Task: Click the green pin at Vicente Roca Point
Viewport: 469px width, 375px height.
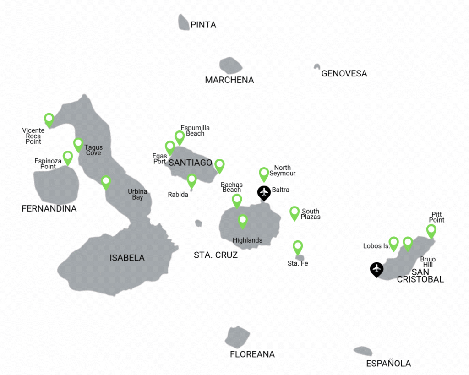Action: click(49, 119)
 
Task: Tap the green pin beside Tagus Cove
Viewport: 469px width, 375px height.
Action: click(78, 144)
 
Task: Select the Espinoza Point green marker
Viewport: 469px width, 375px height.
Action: click(68, 157)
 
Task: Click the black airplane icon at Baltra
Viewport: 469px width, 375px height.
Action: click(264, 192)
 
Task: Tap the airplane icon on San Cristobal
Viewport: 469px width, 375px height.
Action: click(376, 269)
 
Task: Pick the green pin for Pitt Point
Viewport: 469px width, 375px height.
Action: click(431, 230)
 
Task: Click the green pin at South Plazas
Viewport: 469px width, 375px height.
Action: click(294, 212)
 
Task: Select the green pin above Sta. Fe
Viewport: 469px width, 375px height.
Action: click(298, 247)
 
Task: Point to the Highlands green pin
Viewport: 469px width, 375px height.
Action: click(243, 221)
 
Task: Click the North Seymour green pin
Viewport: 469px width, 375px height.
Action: click(264, 174)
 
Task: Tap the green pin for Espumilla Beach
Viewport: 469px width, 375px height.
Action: click(180, 137)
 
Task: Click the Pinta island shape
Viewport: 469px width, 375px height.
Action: click(184, 22)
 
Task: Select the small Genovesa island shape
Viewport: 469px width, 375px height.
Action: click(316, 66)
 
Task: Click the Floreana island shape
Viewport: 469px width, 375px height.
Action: click(237, 337)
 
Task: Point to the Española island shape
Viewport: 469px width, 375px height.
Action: click(363, 351)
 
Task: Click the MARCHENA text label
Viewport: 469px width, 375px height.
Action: click(229, 80)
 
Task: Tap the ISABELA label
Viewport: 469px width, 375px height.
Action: click(127, 258)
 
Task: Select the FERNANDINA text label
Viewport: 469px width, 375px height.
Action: click(49, 209)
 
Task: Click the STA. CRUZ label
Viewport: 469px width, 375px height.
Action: click(216, 255)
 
